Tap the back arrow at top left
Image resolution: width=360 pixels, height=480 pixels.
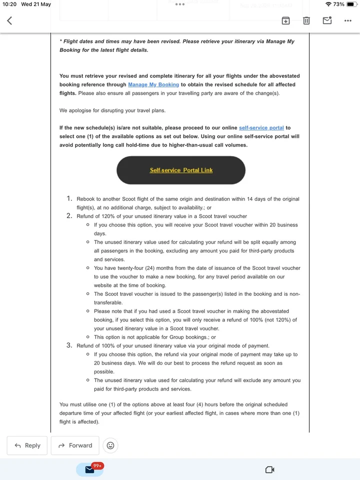[9, 20]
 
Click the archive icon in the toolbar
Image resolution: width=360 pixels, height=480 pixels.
[285, 20]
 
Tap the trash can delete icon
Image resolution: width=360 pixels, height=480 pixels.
[306, 20]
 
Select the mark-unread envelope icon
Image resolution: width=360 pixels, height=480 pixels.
[327, 20]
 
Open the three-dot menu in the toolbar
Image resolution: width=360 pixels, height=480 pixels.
[348, 20]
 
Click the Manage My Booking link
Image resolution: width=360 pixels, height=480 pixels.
[153, 85]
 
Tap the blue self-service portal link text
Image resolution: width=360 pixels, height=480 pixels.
[261, 128]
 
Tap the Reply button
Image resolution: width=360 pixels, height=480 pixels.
[27, 445]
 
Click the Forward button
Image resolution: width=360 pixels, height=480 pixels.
[75, 445]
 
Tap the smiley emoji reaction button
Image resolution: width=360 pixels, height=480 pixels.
[110, 445]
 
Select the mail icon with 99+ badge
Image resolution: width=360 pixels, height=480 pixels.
[90, 469]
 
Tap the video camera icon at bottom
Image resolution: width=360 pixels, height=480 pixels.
[270, 469]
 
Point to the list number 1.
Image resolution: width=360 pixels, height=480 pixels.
[70, 199]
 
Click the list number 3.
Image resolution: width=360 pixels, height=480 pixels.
[69, 345]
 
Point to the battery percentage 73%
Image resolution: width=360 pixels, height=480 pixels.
[338, 4]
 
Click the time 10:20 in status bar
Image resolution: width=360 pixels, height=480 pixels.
[9, 4]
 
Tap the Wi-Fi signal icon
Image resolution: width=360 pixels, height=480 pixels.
[328, 4]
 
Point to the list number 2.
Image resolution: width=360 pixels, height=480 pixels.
[69, 216]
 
